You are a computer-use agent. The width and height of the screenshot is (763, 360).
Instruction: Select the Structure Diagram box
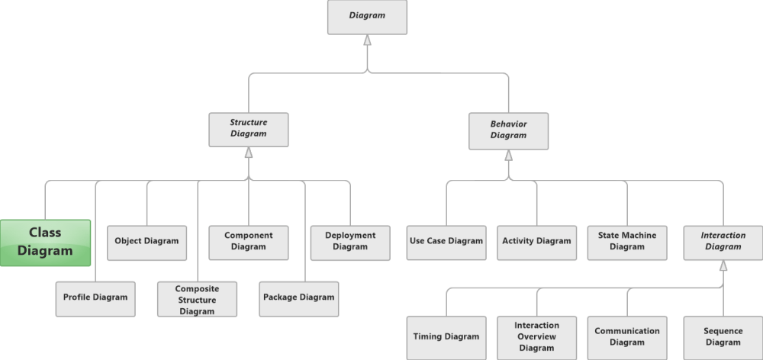pos(249,130)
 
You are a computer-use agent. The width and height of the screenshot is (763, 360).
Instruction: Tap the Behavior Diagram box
pos(508,130)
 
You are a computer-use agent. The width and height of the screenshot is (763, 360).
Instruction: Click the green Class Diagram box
pos(45,243)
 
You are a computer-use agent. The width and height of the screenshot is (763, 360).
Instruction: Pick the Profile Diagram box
pos(95,298)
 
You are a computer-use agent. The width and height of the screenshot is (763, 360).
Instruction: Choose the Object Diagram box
pos(146,242)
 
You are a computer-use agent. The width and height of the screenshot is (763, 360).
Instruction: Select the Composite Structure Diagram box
pos(197,299)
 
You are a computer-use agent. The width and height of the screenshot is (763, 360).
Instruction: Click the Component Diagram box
pos(249,242)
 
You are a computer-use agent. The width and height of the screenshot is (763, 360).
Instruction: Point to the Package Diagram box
pos(298,298)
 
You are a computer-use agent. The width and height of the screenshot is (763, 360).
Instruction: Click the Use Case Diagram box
pos(446,242)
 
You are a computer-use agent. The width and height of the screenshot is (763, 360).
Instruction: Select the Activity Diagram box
pos(536,242)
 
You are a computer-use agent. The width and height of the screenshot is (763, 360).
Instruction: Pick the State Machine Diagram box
pos(627,242)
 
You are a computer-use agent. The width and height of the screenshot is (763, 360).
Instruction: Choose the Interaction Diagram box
pos(723,242)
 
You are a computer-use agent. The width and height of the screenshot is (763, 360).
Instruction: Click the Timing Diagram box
pos(446,337)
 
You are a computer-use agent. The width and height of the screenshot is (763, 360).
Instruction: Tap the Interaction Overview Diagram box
pos(536,337)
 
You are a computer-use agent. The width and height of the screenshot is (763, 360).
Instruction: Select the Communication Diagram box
pos(627,337)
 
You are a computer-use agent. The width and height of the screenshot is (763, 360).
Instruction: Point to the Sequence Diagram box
pos(723,337)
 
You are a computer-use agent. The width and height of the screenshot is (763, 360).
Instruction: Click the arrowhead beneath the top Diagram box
pos(367,40)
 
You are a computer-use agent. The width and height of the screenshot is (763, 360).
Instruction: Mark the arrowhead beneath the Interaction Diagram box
pos(723,265)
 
